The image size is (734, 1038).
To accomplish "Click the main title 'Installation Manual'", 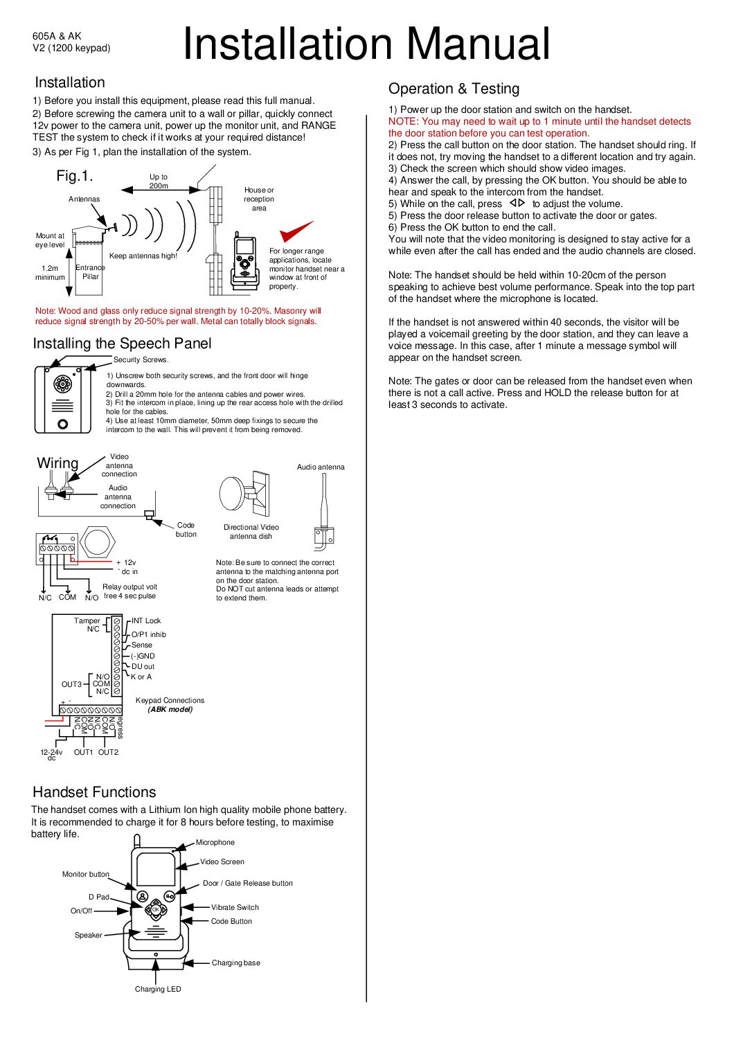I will [x=366, y=44].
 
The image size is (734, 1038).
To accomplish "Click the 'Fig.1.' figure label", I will [x=75, y=176].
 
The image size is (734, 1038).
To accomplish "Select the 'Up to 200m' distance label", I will [x=159, y=181].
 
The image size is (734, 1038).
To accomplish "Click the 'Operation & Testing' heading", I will [x=454, y=89].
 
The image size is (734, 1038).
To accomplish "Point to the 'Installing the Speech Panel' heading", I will [x=122, y=343].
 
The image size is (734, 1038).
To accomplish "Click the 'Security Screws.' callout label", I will [x=141, y=360].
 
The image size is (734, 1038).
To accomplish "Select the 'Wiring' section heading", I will [x=57, y=463].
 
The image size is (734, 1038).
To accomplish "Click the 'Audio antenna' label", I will [x=321, y=467].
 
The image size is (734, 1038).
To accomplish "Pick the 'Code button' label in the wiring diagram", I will [x=186, y=530].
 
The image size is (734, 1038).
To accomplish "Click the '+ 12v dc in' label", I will [x=127, y=567].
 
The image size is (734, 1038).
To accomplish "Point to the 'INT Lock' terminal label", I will [x=146, y=621].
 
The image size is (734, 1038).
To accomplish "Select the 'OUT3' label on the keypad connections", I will [x=71, y=684].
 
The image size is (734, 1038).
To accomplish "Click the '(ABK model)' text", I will [x=170, y=709].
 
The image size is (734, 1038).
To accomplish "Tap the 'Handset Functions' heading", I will [x=94, y=792].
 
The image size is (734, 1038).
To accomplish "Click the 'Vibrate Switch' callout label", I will [x=235, y=907].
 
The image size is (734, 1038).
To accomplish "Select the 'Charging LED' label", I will [x=158, y=989].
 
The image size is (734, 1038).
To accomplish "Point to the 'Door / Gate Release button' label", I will [x=247, y=883].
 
